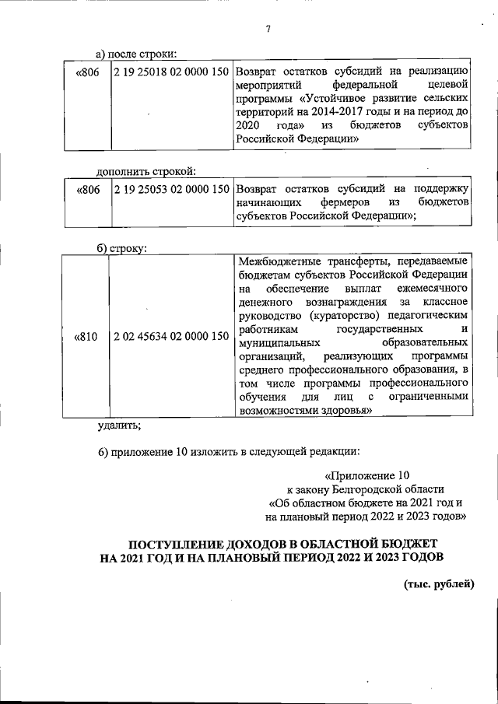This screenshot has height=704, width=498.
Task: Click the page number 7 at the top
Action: point(267,30)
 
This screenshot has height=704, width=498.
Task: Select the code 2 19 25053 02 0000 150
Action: point(170,189)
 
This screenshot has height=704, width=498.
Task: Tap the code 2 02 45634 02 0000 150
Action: point(170,337)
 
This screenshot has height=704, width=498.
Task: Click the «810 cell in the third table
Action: point(86,337)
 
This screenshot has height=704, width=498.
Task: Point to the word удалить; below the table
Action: point(119,425)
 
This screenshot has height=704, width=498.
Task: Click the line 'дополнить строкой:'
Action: point(145,171)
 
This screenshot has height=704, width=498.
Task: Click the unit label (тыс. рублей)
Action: point(438,584)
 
